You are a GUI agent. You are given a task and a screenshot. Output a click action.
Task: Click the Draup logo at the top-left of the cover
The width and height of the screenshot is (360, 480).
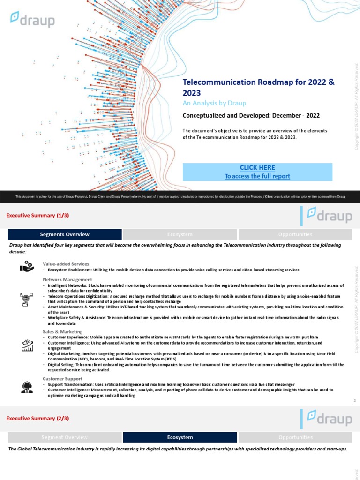point(33,19)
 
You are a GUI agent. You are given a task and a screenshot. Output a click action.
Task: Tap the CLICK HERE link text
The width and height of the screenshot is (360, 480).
point(257,168)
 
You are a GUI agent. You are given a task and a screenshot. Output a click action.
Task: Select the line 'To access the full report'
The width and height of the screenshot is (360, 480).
point(257,176)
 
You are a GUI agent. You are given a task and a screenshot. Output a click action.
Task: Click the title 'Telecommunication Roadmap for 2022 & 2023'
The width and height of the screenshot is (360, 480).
point(258,87)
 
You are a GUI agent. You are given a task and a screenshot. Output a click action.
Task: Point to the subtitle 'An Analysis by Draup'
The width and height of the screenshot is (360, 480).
point(214,103)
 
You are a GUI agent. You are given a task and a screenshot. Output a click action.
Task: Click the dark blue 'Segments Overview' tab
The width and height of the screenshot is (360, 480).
point(65,234)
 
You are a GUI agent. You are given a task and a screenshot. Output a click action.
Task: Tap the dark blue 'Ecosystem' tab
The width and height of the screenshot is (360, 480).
point(180,437)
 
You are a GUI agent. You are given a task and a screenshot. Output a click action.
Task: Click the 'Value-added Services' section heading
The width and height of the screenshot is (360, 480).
point(66,264)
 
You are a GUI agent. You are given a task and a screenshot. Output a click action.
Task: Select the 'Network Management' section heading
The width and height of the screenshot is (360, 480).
point(64,279)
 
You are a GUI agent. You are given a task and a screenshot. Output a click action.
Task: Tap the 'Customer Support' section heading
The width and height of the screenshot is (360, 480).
point(63,378)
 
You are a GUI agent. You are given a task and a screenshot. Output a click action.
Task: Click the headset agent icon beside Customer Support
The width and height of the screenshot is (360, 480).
point(27,387)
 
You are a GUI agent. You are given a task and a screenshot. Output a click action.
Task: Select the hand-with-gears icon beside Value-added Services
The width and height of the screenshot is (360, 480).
point(26,267)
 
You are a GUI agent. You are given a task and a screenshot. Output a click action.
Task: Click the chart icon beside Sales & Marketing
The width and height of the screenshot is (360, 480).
point(27,345)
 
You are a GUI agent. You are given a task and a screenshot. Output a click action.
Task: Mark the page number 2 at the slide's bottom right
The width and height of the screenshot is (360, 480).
point(355,401)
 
